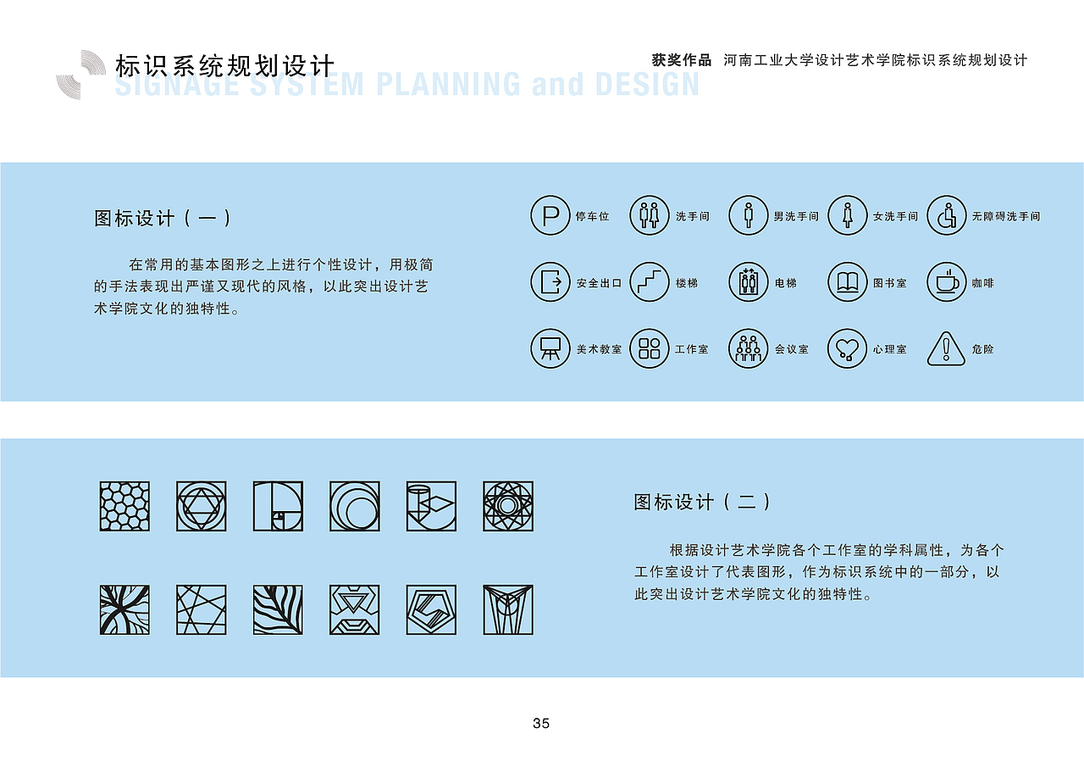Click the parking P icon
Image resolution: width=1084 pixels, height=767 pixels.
[x=550, y=215]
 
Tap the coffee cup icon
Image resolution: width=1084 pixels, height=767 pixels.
[x=946, y=281]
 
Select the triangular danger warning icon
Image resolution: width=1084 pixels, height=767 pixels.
[x=946, y=348]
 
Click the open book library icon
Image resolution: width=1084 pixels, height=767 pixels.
[x=847, y=281]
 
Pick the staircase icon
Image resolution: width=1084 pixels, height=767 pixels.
[x=650, y=281]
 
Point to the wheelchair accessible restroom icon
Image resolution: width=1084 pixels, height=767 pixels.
[x=946, y=215]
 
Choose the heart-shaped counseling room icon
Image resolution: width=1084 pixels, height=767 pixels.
[x=847, y=348]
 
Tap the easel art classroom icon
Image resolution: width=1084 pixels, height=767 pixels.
[x=550, y=348]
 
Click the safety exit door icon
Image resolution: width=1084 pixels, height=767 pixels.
[x=550, y=281]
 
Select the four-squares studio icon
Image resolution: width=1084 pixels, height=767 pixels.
[x=650, y=348]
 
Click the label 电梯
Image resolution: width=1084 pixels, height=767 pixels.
[x=786, y=283]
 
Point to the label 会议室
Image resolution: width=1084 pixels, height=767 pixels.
[x=792, y=349]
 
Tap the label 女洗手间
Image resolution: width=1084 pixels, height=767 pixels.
[x=895, y=217]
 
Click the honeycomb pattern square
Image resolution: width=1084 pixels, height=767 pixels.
[x=124, y=507]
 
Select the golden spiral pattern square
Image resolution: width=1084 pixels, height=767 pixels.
[x=278, y=507]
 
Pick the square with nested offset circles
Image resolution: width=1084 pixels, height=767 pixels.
[x=355, y=507]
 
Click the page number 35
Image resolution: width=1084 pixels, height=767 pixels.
[x=541, y=723]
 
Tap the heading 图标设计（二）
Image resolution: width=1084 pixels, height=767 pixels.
[x=703, y=502]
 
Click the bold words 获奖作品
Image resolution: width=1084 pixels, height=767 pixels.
[x=682, y=60]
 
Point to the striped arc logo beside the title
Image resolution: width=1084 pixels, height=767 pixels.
[x=81, y=75]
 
